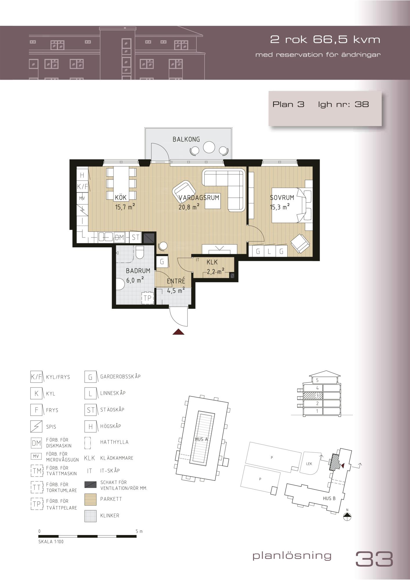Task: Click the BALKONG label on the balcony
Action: (x=186, y=139)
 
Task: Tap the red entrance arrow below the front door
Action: (x=178, y=332)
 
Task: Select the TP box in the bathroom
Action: (x=148, y=298)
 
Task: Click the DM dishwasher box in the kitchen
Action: (x=119, y=237)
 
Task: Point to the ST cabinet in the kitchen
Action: (x=136, y=237)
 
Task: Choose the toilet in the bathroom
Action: (x=140, y=252)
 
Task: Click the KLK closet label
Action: (x=212, y=262)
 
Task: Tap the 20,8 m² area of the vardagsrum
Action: (x=189, y=207)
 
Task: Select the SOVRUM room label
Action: (x=282, y=198)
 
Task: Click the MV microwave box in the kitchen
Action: (x=82, y=198)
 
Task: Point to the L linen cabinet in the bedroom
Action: (x=270, y=251)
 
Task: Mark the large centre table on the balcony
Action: (x=209, y=147)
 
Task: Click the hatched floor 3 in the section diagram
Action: (x=313, y=395)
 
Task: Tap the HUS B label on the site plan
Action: (x=329, y=498)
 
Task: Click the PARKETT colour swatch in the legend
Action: (x=91, y=499)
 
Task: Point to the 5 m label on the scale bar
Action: (x=139, y=532)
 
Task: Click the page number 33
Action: (x=374, y=559)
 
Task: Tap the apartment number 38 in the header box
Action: (x=362, y=104)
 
